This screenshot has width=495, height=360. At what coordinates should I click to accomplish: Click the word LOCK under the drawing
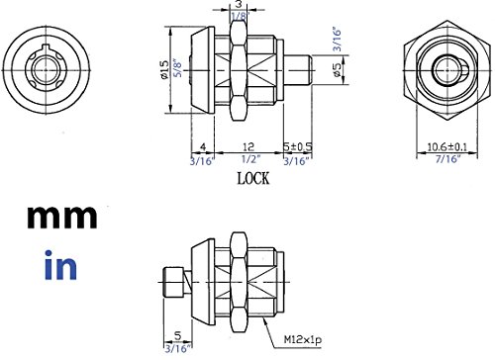(x=253, y=178)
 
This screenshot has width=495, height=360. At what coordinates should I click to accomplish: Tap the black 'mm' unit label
(x=62, y=218)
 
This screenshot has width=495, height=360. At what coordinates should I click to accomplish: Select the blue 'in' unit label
(x=60, y=265)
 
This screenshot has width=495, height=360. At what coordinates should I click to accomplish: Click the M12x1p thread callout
(x=303, y=339)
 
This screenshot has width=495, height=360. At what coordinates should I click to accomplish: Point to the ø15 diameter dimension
(x=164, y=69)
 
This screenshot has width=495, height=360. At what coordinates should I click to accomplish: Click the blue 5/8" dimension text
(x=178, y=68)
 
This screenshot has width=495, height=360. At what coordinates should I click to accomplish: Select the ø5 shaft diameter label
(x=337, y=70)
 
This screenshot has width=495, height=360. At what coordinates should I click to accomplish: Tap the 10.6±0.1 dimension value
(x=447, y=146)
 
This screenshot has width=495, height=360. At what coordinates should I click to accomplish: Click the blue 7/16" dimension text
(x=447, y=159)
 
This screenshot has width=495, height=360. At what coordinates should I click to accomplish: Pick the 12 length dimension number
(x=248, y=146)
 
